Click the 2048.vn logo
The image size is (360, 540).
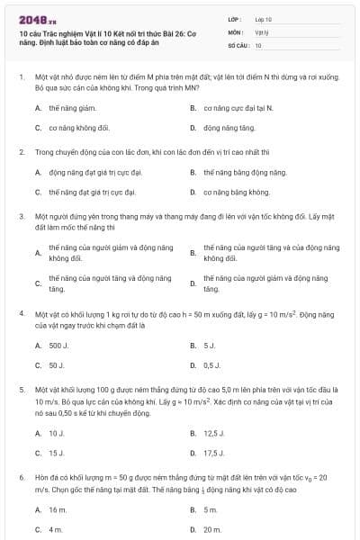[x=31, y=19]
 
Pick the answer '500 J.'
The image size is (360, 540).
[x=58, y=345]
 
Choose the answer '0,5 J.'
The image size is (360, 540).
[x=212, y=365]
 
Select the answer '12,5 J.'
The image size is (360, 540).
[x=214, y=433]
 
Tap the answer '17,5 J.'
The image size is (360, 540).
[x=214, y=454]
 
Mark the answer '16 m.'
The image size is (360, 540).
[x=58, y=509]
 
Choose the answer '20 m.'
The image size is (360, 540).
[x=212, y=530]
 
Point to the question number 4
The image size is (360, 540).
[x=21, y=312]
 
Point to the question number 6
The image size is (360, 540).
[x=21, y=477]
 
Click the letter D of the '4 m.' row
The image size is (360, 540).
[x=193, y=530]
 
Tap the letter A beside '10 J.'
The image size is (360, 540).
[x=38, y=433]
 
